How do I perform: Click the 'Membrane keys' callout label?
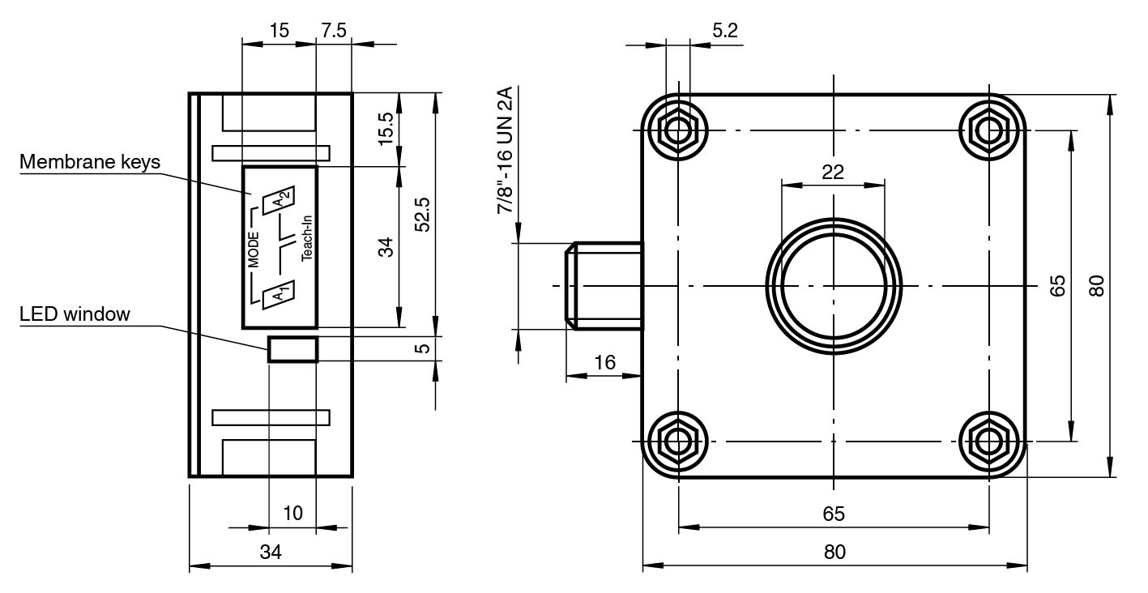pyautogui.click(x=90, y=161)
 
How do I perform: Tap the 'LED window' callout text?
pyautogui.click(x=75, y=314)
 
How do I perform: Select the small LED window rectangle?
pyautogui.click(x=293, y=349)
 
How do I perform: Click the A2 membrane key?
pyautogui.click(x=281, y=199)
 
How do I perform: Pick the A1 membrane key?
pyautogui.click(x=278, y=293)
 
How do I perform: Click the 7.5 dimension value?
pyautogui.click(x=334, y=31)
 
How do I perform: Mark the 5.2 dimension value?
pyautogui.click(x=724, y=31)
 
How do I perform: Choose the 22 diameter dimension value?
pyautogui.click(x=833, y=172)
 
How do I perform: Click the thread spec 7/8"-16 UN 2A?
pyautogui.click(x=506, y=151)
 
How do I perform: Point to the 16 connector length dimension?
pyautogui.click(x=604, y=362)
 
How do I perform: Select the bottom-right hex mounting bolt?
pyautogui.click(x=989, y=442)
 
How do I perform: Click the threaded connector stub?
pyautogui.click(x=604, y=286)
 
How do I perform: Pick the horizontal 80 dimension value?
pyautogui.click(x=834, y=552)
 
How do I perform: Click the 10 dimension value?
pyautogui.click(x=292, y=513)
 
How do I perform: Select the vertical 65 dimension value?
pyautogui.click(x=1057, y=286)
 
